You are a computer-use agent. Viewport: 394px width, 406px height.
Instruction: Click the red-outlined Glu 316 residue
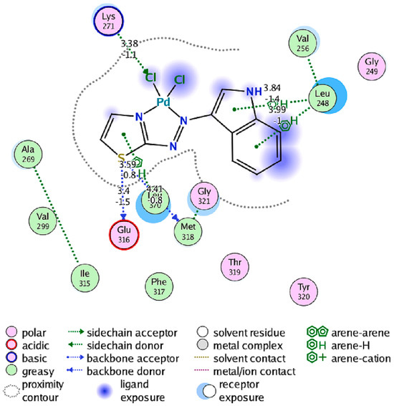(125, 234)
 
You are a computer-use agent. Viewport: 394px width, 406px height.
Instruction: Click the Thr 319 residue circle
(236, 266)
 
